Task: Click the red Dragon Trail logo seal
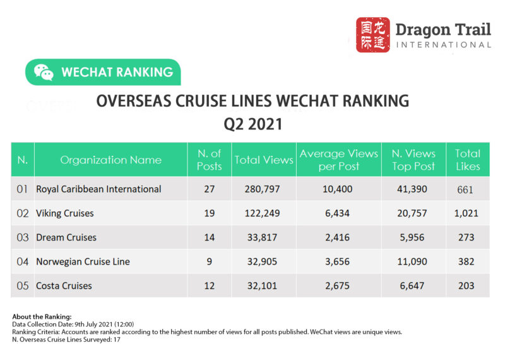tap(372, 35)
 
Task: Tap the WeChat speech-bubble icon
tap(44, 72)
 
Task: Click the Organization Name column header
tap(110, 160)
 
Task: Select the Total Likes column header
tap(468, 160)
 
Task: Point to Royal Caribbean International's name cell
tap(98, 189)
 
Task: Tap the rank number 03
tap(23, 237)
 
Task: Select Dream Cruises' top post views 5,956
tap(413, 237)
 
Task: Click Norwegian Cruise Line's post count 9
tap(210, 261)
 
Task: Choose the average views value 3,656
tap(338, 261)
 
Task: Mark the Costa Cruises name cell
tap(64, 285)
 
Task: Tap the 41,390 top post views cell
tap(413, 189)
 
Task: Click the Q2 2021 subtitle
tap(252, 124)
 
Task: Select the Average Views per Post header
tap(338, 160)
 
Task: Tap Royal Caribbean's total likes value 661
tap(468, 189)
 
